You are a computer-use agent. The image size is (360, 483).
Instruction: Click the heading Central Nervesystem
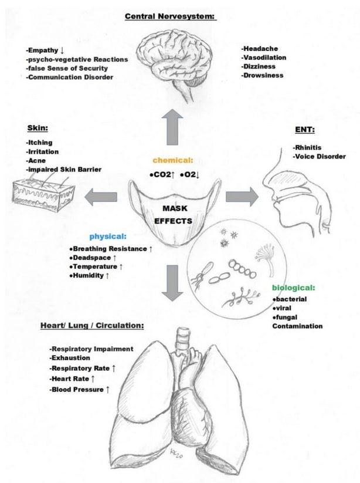point(170,16)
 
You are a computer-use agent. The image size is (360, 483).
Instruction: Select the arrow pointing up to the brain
point(173,128)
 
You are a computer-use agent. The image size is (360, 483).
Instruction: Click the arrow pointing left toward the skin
point(100,198)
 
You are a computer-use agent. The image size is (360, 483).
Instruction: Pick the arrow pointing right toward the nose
point(242,197)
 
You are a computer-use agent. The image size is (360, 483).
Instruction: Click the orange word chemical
point(173,160)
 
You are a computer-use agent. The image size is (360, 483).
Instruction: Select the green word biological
point(293,288)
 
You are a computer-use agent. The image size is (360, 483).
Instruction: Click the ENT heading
point(303,130)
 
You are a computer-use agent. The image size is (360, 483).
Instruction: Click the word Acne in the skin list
point(36,160)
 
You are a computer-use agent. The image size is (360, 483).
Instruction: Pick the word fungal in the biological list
point(287,317)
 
